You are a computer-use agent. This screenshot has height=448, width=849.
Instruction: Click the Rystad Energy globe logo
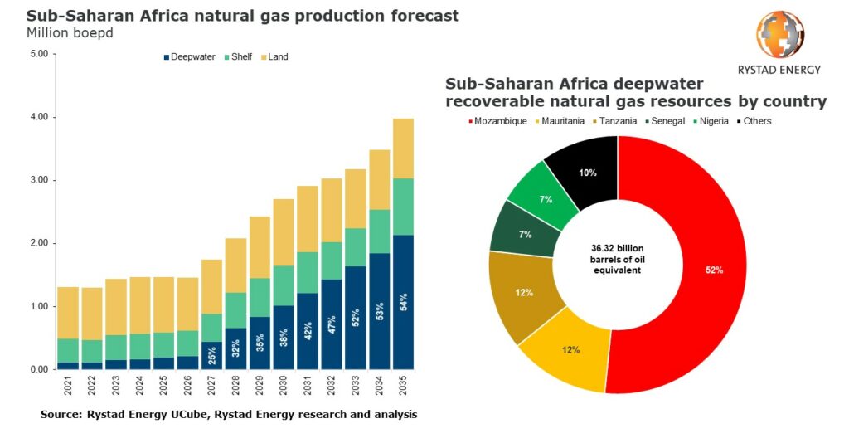point(780,34)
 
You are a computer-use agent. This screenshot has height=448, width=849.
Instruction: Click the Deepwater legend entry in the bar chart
point(190,57)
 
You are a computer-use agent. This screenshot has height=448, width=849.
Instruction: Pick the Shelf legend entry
point(240,57)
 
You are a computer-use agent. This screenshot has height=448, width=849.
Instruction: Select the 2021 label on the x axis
point(68,387)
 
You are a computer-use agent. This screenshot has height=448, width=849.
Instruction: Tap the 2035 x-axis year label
point(404,387)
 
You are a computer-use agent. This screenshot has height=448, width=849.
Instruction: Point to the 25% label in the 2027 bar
point(212,355)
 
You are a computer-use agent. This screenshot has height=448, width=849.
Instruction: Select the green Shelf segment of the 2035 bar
point(403,207)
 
